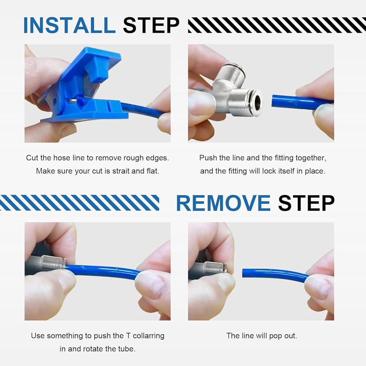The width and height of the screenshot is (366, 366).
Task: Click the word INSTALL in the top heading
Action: click(69, 25)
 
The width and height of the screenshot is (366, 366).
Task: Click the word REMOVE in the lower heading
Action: click(223, 203)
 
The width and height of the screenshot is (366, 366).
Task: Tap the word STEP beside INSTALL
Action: click(151, 25)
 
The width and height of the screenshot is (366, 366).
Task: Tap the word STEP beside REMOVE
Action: click(306, 203)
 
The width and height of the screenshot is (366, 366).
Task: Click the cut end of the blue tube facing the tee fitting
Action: click(273, 101)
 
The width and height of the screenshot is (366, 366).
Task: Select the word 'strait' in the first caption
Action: click(121, 171)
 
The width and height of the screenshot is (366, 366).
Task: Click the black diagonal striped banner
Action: click(277, 25)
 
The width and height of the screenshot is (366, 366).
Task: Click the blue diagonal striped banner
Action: click(79, 203)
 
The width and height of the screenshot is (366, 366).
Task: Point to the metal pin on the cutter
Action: click(73, 101)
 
